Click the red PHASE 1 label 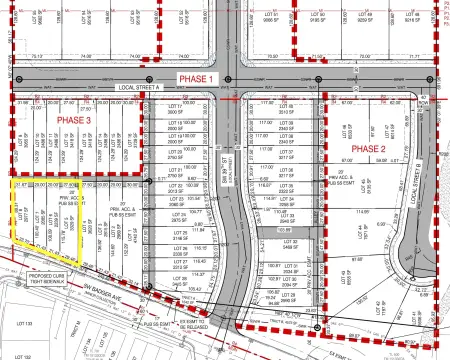click(196, 78)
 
